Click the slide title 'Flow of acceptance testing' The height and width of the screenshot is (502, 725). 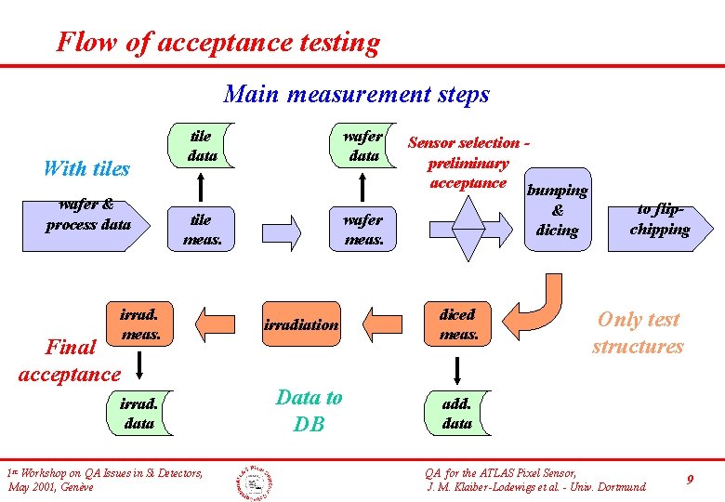pos(217,42)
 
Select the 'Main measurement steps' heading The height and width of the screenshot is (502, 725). pos(356,94)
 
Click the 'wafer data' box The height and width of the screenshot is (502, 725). pos(362,147)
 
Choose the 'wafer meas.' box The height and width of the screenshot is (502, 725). pos(362,230)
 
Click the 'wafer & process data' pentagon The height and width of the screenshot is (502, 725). pos(90,216)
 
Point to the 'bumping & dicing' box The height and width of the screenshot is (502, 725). pos(557,210)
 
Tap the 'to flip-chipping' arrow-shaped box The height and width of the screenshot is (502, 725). pos(659,220)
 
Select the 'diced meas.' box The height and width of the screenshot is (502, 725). pos(457,324)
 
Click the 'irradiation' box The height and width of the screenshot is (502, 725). pos(301,324)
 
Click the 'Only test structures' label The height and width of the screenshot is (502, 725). pos(638,333)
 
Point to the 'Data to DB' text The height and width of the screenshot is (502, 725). pos(310,410)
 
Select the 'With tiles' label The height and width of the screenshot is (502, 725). pos(86,168)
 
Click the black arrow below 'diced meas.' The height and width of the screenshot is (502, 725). pos(456,371)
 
